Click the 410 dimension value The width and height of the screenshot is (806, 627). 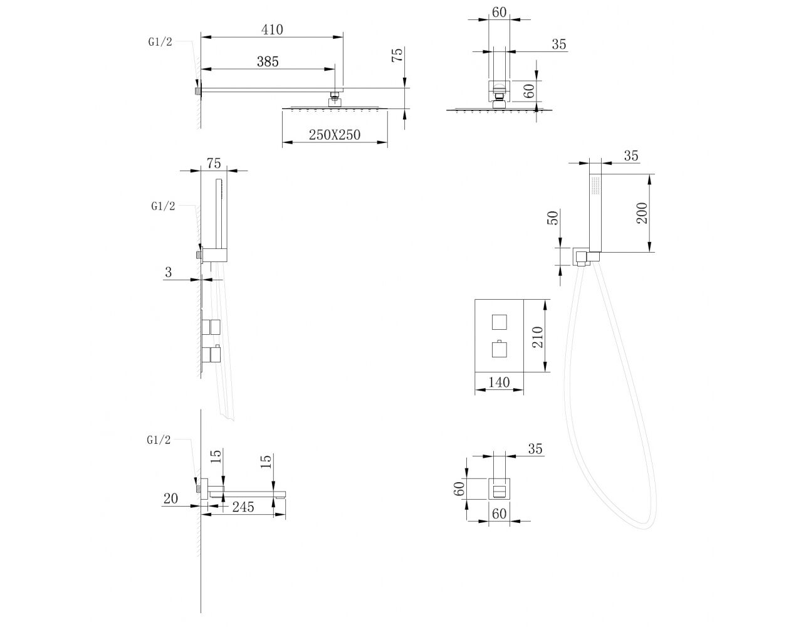272,29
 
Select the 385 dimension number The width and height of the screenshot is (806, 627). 268,61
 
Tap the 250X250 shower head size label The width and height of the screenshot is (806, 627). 335,135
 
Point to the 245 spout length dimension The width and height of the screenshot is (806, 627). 243,507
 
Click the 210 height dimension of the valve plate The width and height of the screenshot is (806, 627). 538,337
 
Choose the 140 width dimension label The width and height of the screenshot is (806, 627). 499,382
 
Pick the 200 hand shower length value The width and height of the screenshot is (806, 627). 642,213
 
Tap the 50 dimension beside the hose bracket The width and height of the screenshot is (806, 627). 553,218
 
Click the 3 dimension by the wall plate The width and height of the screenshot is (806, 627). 169,272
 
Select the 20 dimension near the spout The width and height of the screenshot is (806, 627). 170,498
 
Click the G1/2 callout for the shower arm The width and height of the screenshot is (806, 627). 160,42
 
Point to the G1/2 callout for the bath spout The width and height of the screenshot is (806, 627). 159,440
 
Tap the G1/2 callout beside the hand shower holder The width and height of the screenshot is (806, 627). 163,206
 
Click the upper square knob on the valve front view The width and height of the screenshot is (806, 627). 500,322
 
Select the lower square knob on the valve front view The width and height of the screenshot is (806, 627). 500,349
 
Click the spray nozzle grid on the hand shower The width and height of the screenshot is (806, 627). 595,186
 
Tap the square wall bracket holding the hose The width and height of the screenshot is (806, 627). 580,256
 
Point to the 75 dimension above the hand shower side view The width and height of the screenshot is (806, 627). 214,163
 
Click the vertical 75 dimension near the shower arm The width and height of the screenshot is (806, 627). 397,55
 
